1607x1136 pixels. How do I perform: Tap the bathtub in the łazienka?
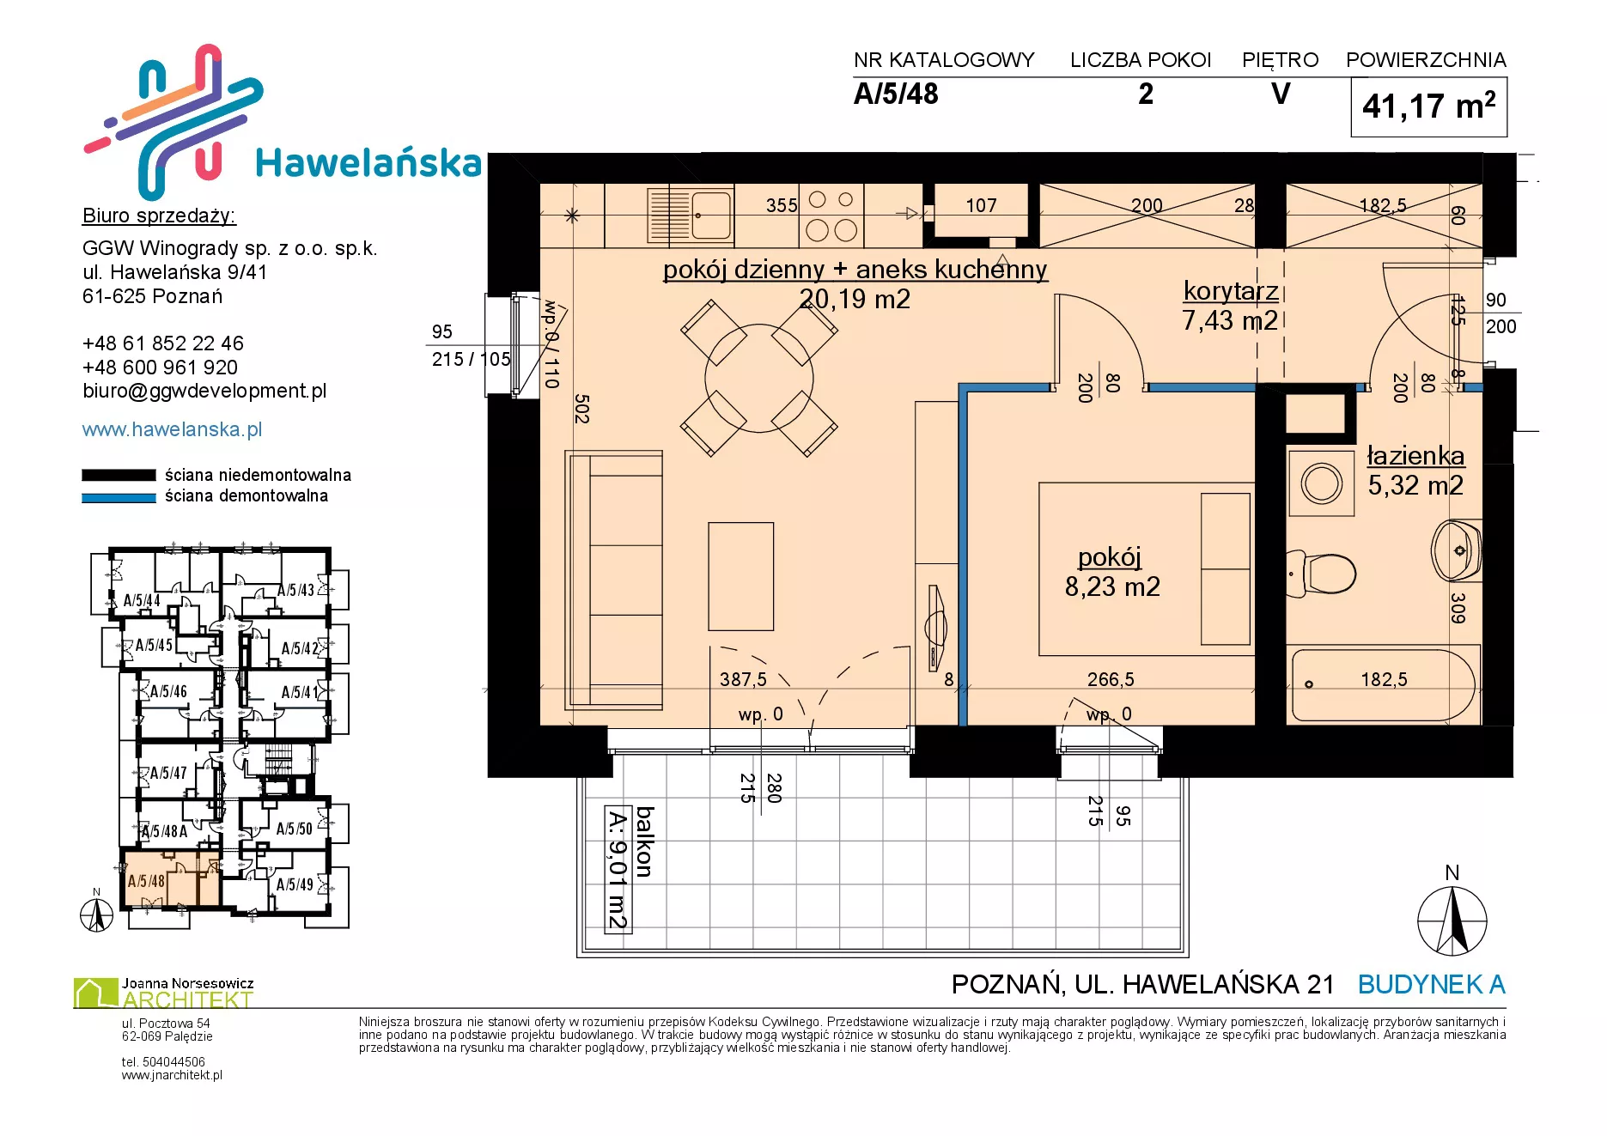pyautogui.click(x=1384, y=685)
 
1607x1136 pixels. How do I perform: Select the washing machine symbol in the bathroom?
pyautogui.click(x=1322, y=483)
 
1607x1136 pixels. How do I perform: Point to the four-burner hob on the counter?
pyautogui.click(x=831, y=215)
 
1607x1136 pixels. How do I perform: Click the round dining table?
pyautogui.click(x=759, y=378)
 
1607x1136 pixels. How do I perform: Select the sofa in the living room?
pyautogui.click(x=614, y=580)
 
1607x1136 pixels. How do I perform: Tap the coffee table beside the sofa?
pyautogui.click(x=740, y=576)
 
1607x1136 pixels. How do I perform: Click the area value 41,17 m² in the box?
pyautogui.click(x=1428, y=106)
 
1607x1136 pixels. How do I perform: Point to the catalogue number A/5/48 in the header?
pyautogui.click(x=896, y=94)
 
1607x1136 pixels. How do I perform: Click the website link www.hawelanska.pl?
pyautogui.click(x=172, y=429)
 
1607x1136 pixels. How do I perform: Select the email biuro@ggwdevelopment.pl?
pyautogui.click(x=204, y=391)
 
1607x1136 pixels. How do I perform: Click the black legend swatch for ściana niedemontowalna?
pyautogui.click(x=119, y=475)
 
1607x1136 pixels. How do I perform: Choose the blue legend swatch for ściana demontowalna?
pyautogui.click(x=119, y=497)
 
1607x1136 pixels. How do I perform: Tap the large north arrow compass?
pyautogui.click(x=1452, y=920)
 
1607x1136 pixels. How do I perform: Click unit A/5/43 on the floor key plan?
pyautogui.click(x=295, y=590)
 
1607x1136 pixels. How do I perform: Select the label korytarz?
pyautogui.click(x=1231, y=291)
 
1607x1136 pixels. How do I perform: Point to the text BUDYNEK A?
pyautogui.click(x=1432, y=984)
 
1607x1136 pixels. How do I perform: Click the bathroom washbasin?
pyautogui.click(x=1457, y=550)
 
